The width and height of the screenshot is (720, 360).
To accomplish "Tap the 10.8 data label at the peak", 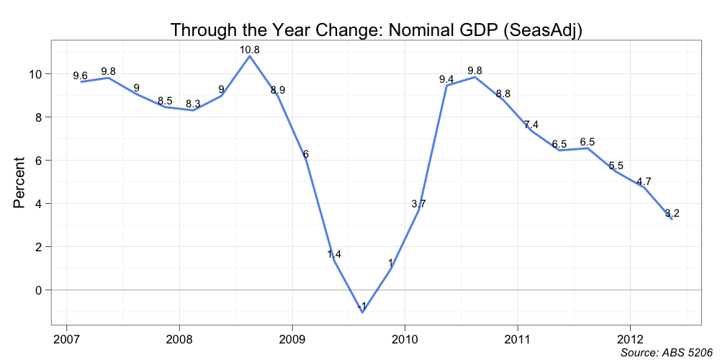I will click(250, 50).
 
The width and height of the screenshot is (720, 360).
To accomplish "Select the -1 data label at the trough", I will click(361, 307).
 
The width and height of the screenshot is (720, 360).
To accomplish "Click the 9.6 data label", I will click(81, 76).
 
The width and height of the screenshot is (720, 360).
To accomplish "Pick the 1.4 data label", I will click(334, 254).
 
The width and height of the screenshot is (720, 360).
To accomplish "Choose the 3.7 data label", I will click(419, 204).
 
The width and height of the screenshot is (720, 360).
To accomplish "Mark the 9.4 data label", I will click(446, 79).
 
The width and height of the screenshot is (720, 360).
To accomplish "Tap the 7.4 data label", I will click(531, 125).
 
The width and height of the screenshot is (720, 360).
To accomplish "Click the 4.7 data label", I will click(644, 181).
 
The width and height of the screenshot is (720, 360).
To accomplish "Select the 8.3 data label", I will click(193, 104).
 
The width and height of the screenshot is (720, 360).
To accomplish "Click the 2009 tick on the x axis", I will click(292, 338).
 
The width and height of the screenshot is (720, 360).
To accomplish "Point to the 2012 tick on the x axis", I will click(630, 338).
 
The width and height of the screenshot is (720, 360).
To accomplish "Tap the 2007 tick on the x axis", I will click(66, 338).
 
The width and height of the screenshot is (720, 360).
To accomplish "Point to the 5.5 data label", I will click(616, 166).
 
